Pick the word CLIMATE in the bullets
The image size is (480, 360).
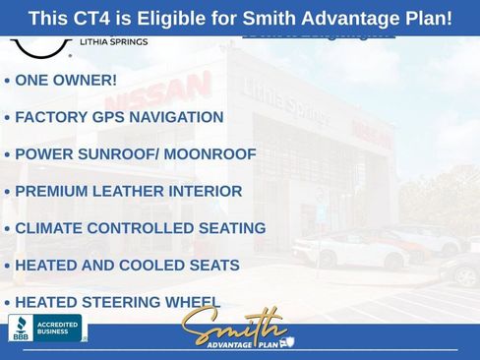point(47,228)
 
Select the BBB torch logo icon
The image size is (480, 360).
point(20,328)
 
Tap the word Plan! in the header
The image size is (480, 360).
point(422,18)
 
